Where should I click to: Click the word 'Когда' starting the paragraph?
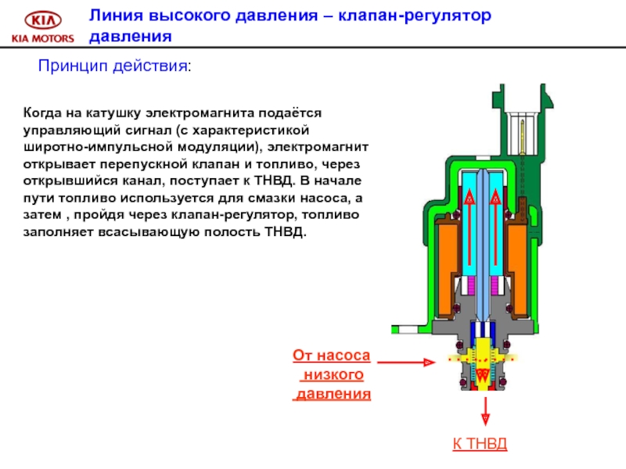[x=43, y=113]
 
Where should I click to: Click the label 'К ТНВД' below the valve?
[x=480, y=445]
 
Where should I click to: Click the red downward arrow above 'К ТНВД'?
[x=484, y=410]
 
